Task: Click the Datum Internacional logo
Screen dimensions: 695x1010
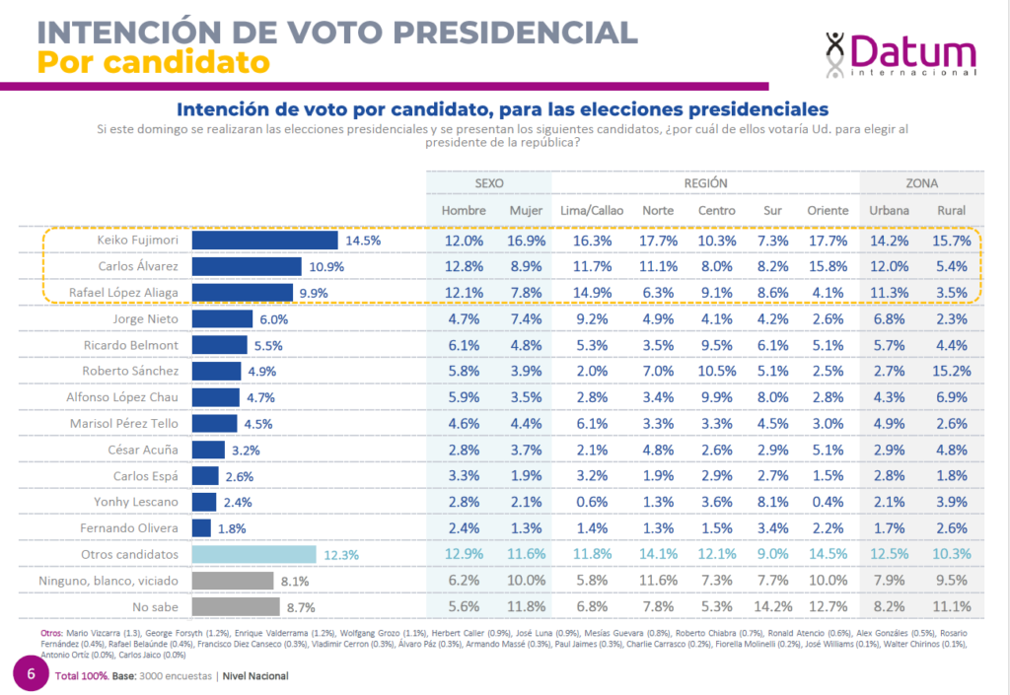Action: click(900, 54)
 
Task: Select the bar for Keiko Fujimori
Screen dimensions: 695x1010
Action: click(264, 241)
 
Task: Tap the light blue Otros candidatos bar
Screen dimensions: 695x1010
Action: click(253, 554)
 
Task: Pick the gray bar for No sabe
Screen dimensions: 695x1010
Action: click(235, 606)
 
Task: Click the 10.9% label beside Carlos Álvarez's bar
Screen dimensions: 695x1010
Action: click(325, 266)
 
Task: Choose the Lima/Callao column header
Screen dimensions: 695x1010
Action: click(591, 211)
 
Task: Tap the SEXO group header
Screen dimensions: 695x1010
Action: click(489, 183)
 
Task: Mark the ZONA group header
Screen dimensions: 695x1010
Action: click(922, 183)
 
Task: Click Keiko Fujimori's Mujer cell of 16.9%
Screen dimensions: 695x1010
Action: click(526, 241)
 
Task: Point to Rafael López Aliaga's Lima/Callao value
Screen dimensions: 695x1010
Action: click(591, 293)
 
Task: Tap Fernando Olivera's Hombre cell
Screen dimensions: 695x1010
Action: click(463, 527)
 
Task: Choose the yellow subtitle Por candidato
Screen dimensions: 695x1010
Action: click(153, 62)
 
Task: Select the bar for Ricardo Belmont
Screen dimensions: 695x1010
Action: click(219, 345)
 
